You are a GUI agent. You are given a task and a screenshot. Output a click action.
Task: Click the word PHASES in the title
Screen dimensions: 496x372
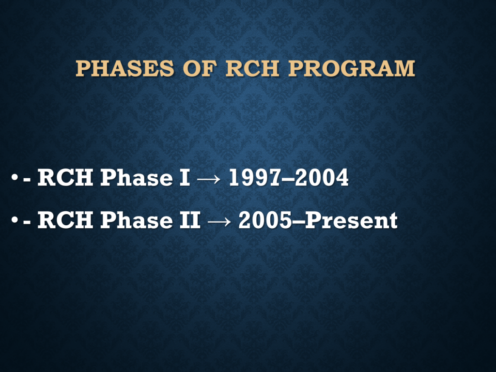[x=124, y=68]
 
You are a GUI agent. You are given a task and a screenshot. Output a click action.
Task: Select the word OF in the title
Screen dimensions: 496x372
[x=200, y=68]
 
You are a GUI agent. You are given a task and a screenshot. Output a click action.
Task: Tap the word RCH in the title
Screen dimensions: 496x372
[x=252, y=68]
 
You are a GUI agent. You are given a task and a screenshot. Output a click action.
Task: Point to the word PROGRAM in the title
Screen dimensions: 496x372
[x=352, y=68]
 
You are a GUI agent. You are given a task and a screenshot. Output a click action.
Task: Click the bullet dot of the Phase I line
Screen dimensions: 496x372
[x=14, y=177]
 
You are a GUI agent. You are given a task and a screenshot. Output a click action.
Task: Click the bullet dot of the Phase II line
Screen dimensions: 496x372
[x=14, y=220]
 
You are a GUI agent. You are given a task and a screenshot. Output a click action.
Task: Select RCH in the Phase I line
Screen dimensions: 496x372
[x=65, y=177]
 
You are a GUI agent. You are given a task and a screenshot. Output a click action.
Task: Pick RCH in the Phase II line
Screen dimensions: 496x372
[x=65, y=220]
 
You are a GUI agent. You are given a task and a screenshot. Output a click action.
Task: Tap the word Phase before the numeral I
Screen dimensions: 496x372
[x=137, y=177]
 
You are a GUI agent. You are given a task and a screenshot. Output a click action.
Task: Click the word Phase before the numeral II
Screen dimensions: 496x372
[x=137, y=220]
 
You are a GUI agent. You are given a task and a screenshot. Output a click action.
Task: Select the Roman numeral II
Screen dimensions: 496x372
[x=190, y=220]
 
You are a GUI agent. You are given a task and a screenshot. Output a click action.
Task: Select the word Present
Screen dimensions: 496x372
[x=352, y=220]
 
